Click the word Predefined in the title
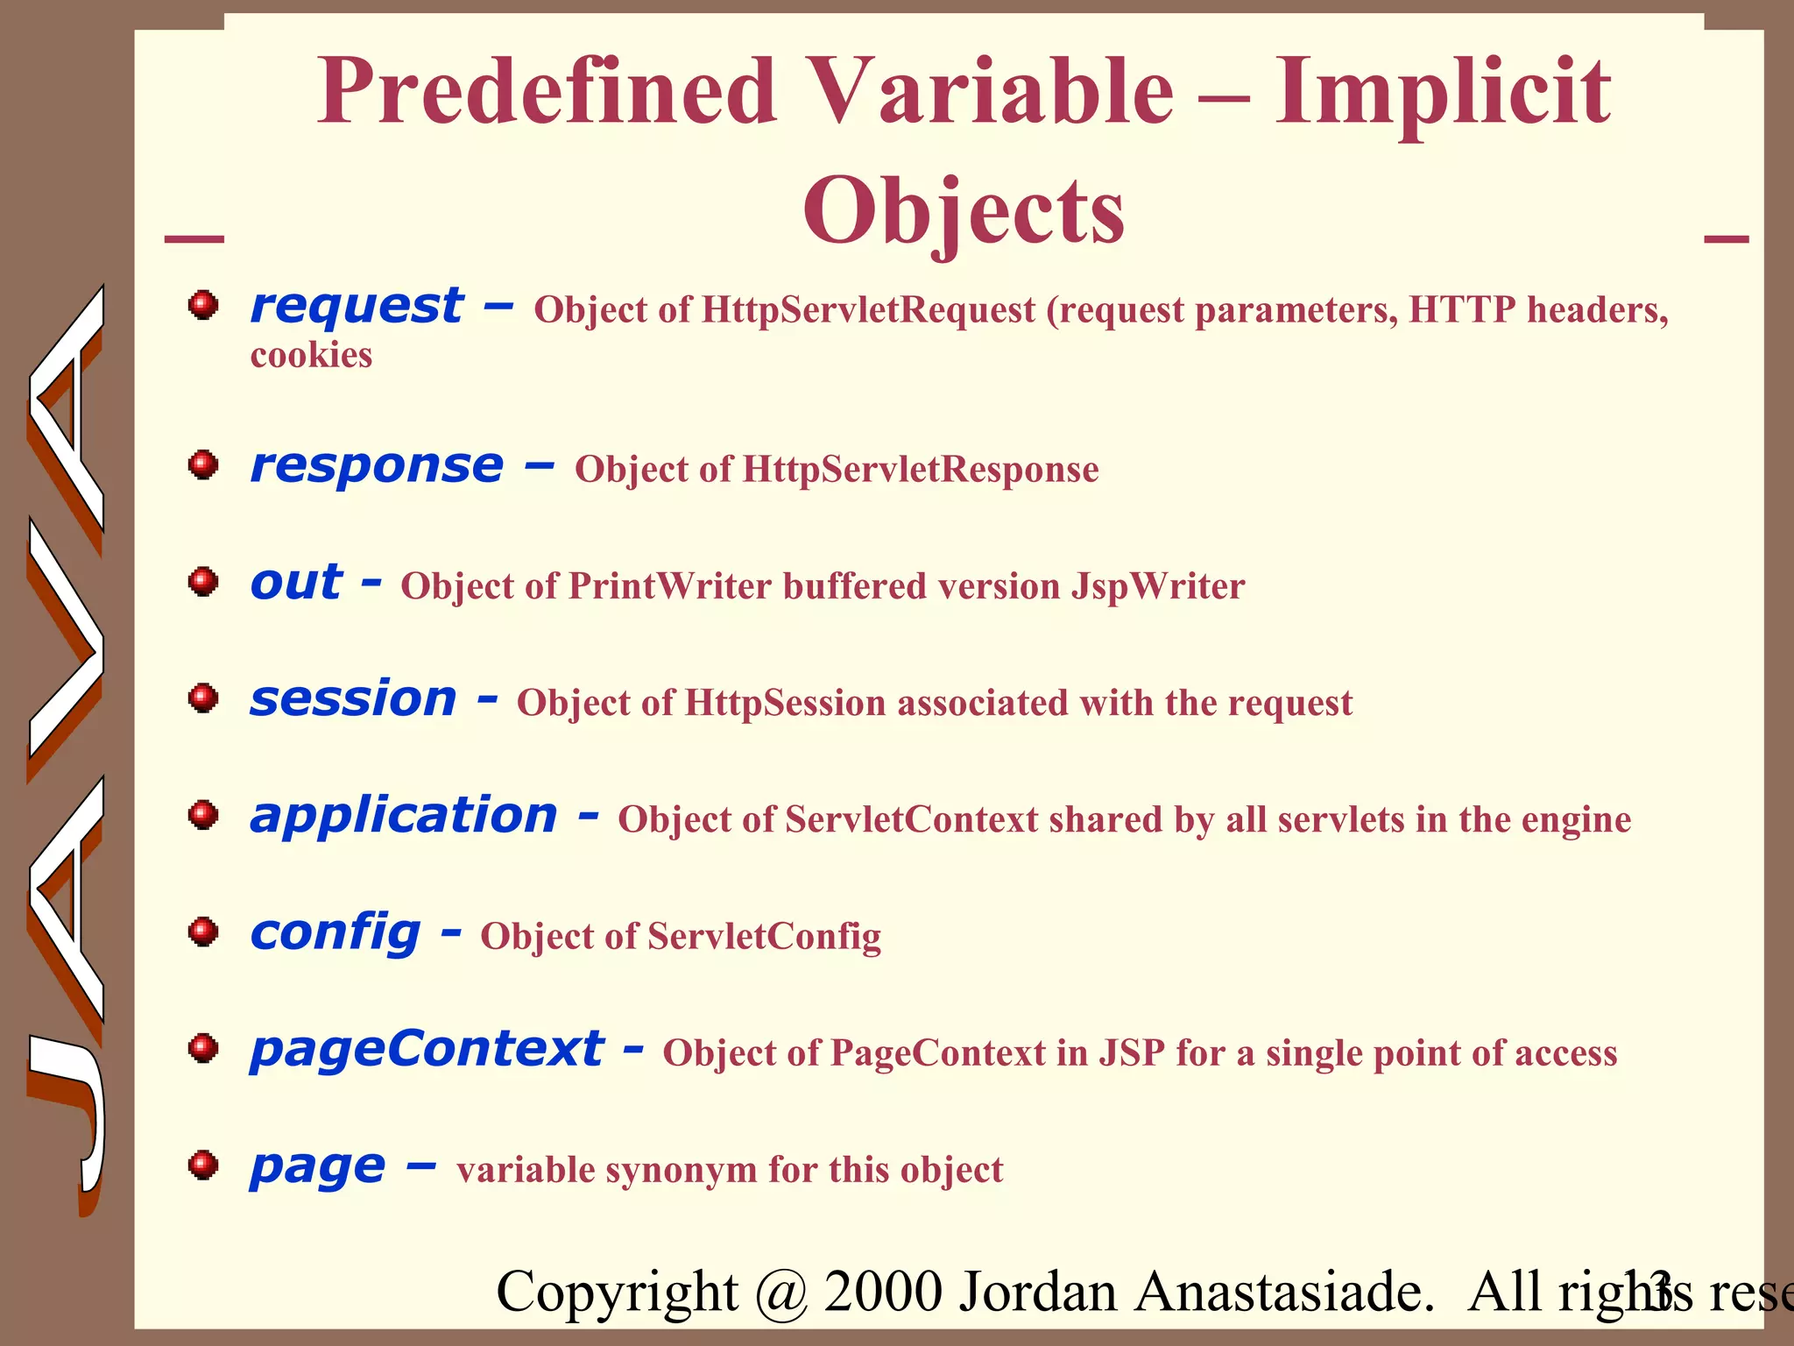coord(547,92)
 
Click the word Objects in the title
coord(964,211)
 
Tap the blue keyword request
coord(357,307)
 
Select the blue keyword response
coord(377,465)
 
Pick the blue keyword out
coord(296,582)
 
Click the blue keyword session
coord(353,699)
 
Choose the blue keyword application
coord(404,816)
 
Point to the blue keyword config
coord(335,932)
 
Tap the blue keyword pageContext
coord(427,1049)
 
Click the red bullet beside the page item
coord(203,1165)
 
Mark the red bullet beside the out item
coord(203,581)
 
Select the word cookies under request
coord(311,356)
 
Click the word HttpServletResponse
coord(920,470)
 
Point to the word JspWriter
coord(1157,586)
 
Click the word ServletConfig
coord(764,936)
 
